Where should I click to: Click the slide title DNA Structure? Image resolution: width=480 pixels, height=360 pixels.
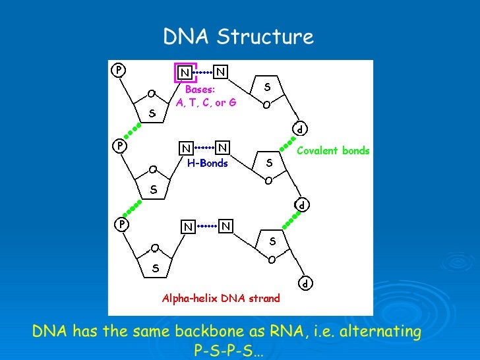[x=239, y=36]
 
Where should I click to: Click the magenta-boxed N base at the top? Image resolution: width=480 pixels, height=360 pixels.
[x=185, y=72]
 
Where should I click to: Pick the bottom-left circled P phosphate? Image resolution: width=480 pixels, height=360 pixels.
[x=122, y=224]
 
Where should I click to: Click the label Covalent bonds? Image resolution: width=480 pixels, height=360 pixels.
[x=333, y=151]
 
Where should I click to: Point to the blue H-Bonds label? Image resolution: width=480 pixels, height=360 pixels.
[x=207, y=164]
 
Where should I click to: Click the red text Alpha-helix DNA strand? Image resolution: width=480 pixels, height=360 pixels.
[x=221, y=298]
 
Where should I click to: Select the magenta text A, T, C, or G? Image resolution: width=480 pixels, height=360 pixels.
[x=206, y=103]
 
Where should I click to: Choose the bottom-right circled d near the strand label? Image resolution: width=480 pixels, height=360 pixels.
[x=306, y=284]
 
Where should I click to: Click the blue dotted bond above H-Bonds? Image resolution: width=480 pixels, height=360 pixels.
[x=205, y=148]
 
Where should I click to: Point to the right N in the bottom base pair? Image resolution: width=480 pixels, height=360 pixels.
[x=225, y=226]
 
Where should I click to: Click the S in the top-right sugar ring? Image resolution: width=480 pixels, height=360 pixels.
[x=267, y=86]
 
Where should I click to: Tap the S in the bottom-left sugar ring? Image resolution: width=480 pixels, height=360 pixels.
[x=156, y=268]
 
